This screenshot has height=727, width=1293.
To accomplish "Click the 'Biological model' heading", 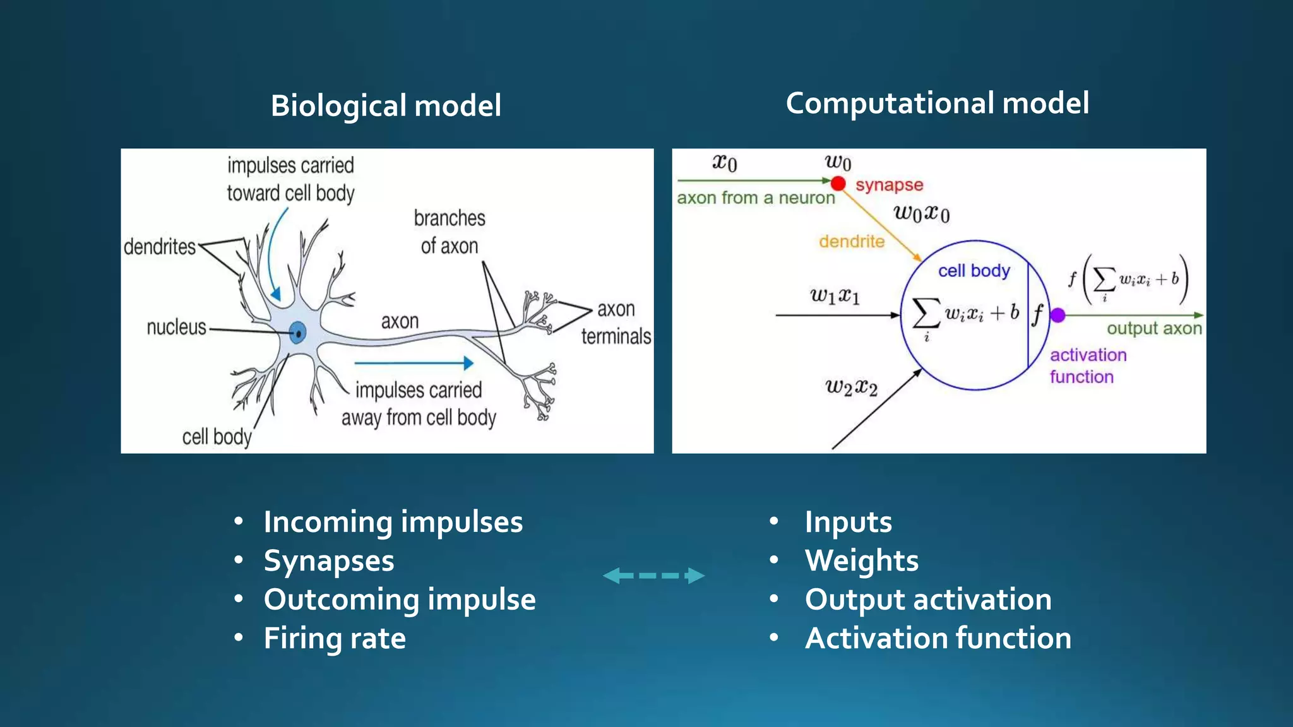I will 386,105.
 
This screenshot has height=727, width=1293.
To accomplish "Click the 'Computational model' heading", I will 937,103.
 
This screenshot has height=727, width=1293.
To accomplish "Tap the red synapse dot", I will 838,184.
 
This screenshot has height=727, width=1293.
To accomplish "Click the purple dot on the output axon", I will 1058,315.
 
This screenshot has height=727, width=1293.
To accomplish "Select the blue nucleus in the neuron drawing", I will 298,332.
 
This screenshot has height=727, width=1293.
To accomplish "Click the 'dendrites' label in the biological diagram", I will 160,247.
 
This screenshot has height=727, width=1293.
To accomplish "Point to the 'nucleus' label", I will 176,328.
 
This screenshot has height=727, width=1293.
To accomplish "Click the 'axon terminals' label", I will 616,323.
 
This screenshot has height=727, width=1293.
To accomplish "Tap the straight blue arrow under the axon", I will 414,363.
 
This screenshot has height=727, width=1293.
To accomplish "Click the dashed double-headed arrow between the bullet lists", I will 653,576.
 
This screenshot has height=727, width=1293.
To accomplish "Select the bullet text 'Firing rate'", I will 335,638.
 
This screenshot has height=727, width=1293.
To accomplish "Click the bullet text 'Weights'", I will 861,560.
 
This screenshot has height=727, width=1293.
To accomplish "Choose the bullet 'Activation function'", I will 938,638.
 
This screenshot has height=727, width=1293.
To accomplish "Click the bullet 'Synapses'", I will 329,560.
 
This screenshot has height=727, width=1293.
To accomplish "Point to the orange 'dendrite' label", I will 852,242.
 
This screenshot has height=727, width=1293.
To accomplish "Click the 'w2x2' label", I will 851,387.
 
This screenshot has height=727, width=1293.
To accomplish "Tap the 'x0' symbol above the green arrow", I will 725,163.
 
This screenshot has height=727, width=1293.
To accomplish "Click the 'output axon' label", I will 1154,328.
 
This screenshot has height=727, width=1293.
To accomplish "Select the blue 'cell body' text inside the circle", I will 974,271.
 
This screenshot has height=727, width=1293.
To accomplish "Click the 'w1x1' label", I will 834,295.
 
